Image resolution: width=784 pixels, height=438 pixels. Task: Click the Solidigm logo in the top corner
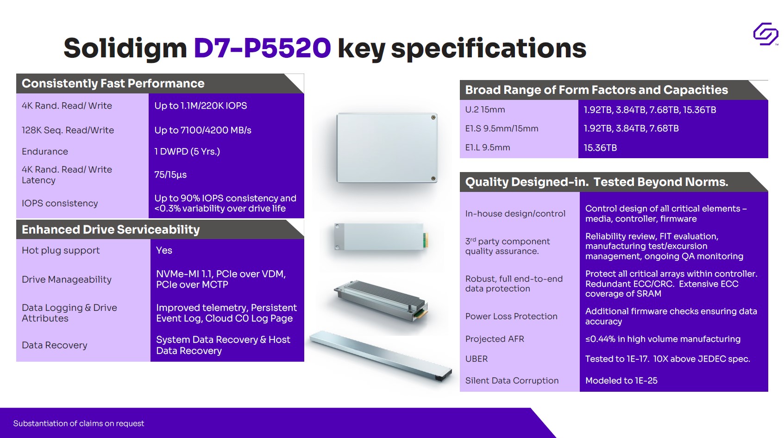point(765,34)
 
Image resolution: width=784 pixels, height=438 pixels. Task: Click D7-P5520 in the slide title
point(262,48)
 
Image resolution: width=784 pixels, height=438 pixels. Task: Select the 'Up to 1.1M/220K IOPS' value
point(201,105)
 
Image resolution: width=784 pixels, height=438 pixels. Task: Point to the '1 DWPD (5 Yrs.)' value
point(187,151)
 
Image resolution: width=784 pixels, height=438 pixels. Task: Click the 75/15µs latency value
point(170,174)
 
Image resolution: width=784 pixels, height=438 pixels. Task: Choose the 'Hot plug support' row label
point(61,250)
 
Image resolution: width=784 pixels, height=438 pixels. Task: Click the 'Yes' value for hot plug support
point(164,250)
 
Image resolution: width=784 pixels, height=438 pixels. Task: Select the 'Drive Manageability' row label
point(67,279)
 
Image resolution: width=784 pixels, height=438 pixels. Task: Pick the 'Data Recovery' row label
point(54,345)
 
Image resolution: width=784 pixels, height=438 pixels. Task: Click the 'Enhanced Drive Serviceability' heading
point(111,229)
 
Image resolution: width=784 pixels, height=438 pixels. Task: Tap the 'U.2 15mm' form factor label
point(485,110)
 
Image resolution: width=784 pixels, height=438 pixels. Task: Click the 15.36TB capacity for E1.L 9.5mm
point(600,148)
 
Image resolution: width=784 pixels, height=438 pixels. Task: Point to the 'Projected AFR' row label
point(495,339)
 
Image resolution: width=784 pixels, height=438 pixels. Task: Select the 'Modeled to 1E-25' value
point(621,380)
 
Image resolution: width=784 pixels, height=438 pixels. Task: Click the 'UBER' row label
point(477,358)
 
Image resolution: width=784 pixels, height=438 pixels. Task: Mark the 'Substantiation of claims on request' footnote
point(78,423)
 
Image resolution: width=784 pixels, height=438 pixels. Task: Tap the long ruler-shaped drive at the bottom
point(381,355)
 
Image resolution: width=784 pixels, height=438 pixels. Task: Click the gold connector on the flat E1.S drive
point(426,241)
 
